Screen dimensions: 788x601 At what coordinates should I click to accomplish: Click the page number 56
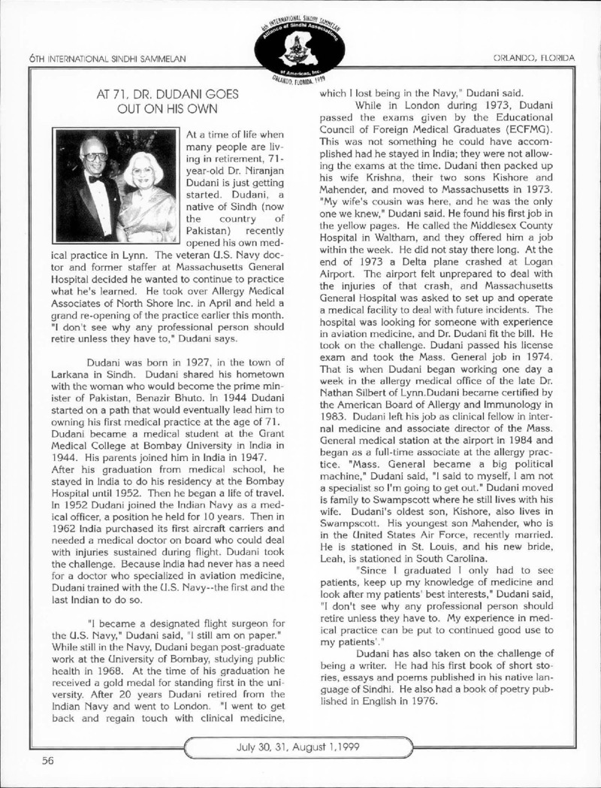click(47, 760)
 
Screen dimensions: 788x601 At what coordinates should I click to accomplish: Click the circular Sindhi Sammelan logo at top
click(300, 47)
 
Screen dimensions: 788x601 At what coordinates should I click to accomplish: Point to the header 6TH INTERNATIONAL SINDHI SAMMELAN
click(106, 58)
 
